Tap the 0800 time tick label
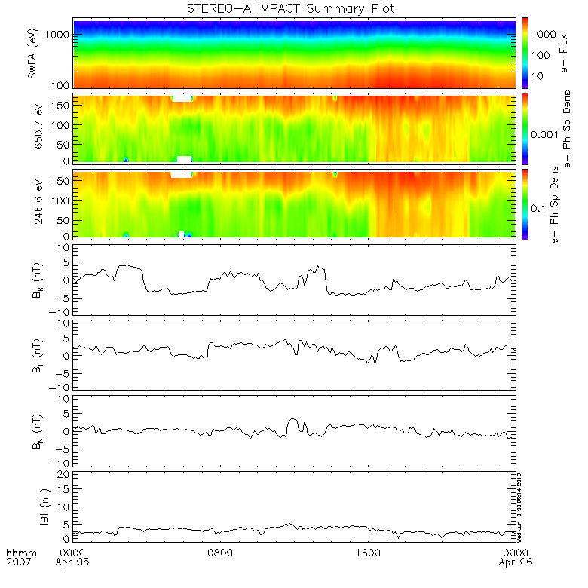(220, 552)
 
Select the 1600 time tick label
(369, 552)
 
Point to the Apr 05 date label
(74, 562)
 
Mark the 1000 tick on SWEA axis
(60, 35)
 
